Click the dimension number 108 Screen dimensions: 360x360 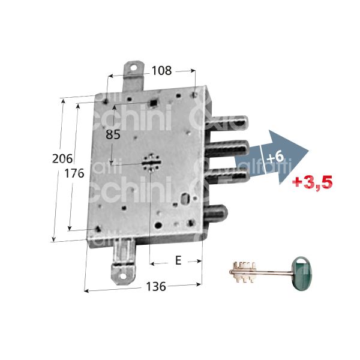click(x=161, y=71)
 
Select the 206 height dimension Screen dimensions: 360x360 click(x=62, y=159)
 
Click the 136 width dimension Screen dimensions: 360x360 click(x=155, y=287)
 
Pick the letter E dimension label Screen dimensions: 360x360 click(x=177, y=260)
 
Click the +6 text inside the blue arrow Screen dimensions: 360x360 click(x=274, y=157)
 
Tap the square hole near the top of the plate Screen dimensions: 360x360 click(x=155, y=103)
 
